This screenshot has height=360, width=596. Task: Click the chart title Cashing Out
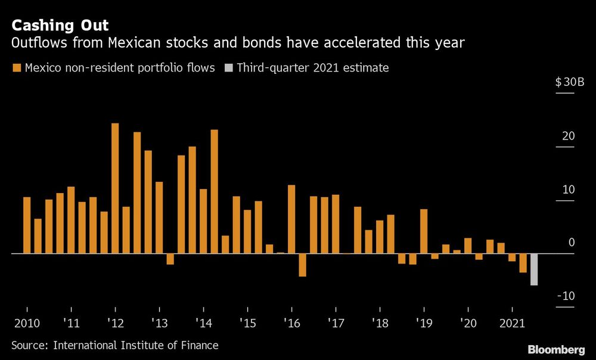pos(60,26)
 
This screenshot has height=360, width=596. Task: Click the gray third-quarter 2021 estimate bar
pos(534,269)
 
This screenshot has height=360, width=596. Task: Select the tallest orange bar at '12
pos(115,188)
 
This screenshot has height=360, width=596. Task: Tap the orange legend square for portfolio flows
pos(17,68)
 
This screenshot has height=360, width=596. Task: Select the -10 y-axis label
pos(566,296)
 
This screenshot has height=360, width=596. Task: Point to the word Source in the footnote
pos(30,345)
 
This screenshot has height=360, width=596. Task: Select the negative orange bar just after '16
pos(302,265)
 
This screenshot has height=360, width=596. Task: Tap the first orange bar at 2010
pos(27,225)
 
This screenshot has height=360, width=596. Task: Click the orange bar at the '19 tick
pos(424,231)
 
